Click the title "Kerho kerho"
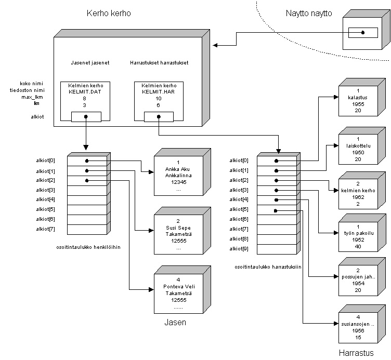click(108, 12)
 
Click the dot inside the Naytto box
click(363, 32)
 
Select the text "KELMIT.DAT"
click(86, 91)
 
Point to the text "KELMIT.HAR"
click(159, 91)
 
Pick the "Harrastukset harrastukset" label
click(159, 63)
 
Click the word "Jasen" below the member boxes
click(175, 323)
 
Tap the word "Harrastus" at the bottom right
click(356, 353)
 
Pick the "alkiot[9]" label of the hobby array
click(239, 248)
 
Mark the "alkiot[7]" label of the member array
click(46, 229)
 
